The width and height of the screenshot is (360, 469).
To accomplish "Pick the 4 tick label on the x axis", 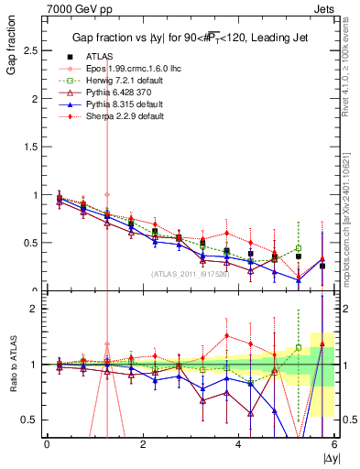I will (238, 445).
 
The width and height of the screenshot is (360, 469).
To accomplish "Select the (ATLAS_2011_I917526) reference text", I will (191, 274).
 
